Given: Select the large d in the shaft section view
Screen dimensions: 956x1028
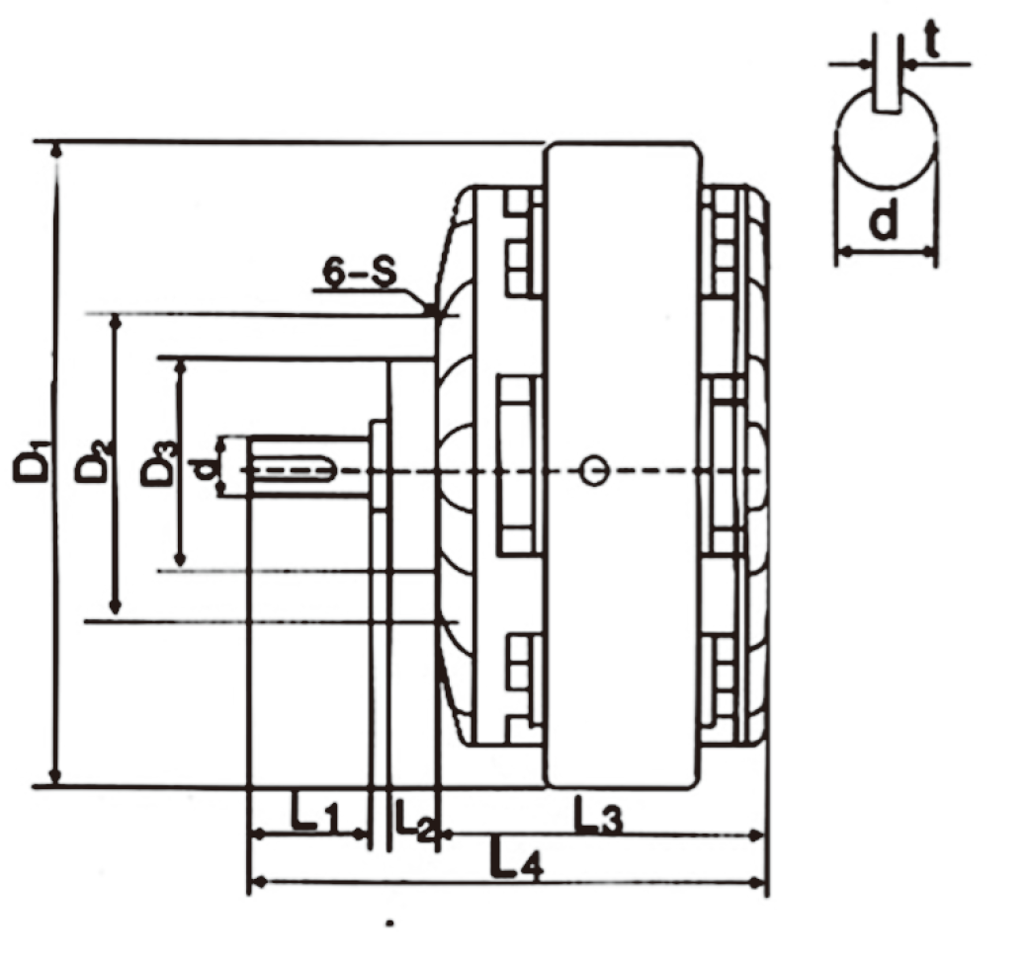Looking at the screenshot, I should [885, 223].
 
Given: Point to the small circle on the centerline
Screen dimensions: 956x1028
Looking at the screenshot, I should [592, 471].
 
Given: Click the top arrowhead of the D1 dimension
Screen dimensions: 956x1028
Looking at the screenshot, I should [56, 150].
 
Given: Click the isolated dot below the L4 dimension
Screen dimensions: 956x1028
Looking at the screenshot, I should [391, 924].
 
